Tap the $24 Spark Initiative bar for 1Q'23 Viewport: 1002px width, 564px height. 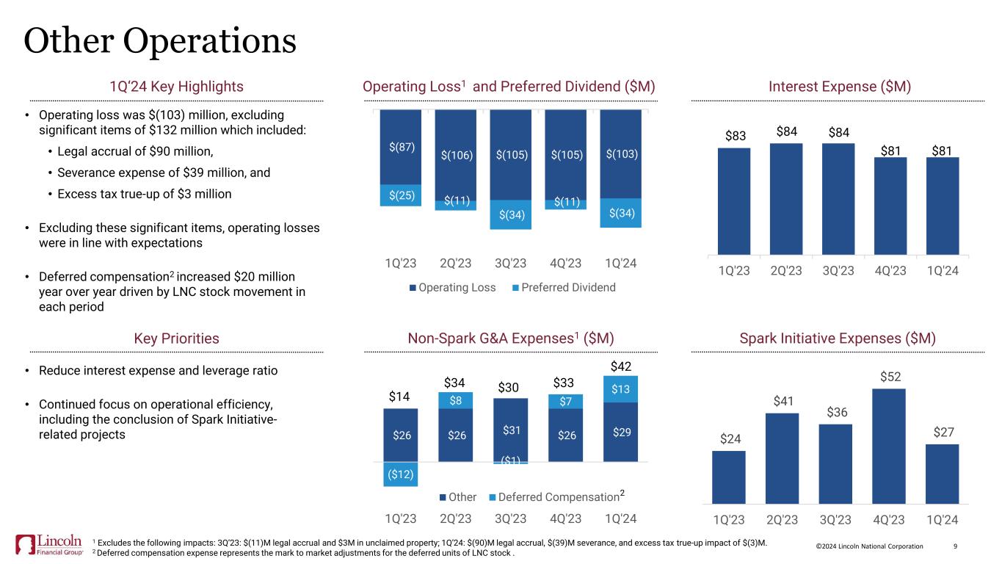[x=728, y=477]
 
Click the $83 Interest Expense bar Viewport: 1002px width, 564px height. [x=734, y=201]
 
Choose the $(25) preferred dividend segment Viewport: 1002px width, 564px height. [x=400, y=195]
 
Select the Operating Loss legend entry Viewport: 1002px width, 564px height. [x=453, y=287]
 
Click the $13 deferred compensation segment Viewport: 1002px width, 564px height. [x=621, y=389]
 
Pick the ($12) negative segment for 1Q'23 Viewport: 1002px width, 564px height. [x=400, y=474]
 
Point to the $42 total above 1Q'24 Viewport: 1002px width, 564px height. [x=621, y=366]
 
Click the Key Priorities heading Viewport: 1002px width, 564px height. [x=176, y=339]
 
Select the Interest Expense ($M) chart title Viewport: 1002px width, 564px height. [x=840, y=87]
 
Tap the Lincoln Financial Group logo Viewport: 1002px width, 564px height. [x=50, y=544]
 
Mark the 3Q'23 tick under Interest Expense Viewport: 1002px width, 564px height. [x=838, y=270]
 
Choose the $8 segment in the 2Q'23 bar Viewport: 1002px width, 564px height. [x=456, y=400]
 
